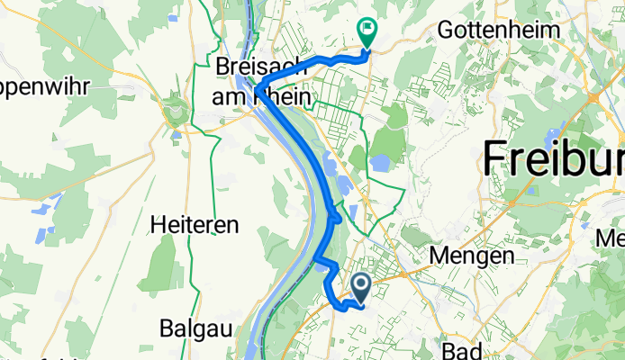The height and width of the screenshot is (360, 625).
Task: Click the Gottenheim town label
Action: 498,30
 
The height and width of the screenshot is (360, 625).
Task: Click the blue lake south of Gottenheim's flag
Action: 379,164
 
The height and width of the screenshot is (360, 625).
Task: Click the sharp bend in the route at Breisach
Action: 258,88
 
